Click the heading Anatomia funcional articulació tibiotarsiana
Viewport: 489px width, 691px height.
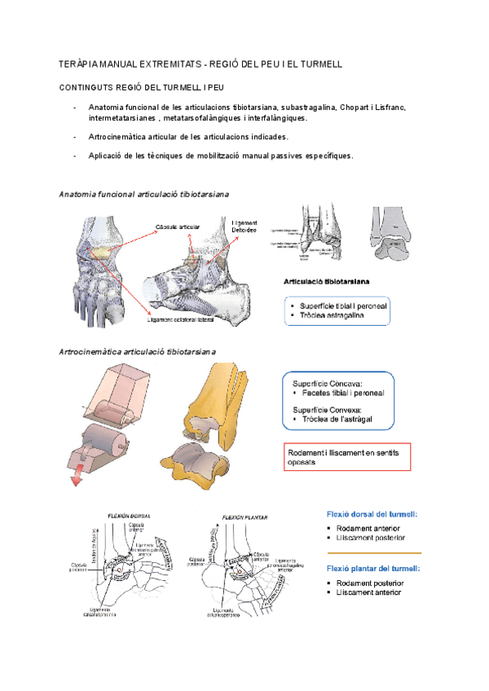tap(143, 195)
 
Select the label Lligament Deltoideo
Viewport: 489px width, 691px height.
tap(244, 227)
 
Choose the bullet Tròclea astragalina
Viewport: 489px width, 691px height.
tap(332, 315)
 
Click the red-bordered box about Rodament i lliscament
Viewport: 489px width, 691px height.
tap(346, 456)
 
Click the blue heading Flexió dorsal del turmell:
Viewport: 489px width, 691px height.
tap(372, 514)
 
